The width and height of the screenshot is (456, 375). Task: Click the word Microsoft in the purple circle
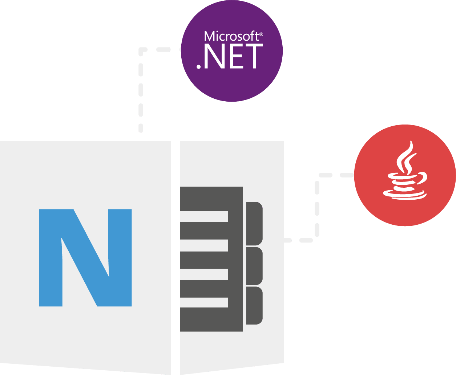[x=231, y=36]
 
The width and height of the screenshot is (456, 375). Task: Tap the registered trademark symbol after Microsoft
[x=261, y=34]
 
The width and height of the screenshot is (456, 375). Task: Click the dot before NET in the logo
[x=198, y=66]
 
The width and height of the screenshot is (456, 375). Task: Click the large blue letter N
[x=85, y=258]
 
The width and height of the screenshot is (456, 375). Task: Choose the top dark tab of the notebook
[x=254, y=224]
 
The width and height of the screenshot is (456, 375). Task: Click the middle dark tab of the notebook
[x=254, y=266]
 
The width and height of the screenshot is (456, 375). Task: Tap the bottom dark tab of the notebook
[x=254, y=306]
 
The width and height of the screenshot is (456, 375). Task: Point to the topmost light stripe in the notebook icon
[x=204, y=216]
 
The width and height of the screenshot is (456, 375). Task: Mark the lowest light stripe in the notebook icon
[x=204, y=302]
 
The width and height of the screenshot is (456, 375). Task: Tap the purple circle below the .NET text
[x=232, y=86]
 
